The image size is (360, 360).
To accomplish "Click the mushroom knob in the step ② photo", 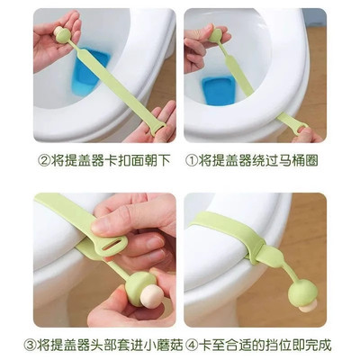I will coord(62,34).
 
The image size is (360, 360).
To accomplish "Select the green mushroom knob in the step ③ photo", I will coord(139,288).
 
